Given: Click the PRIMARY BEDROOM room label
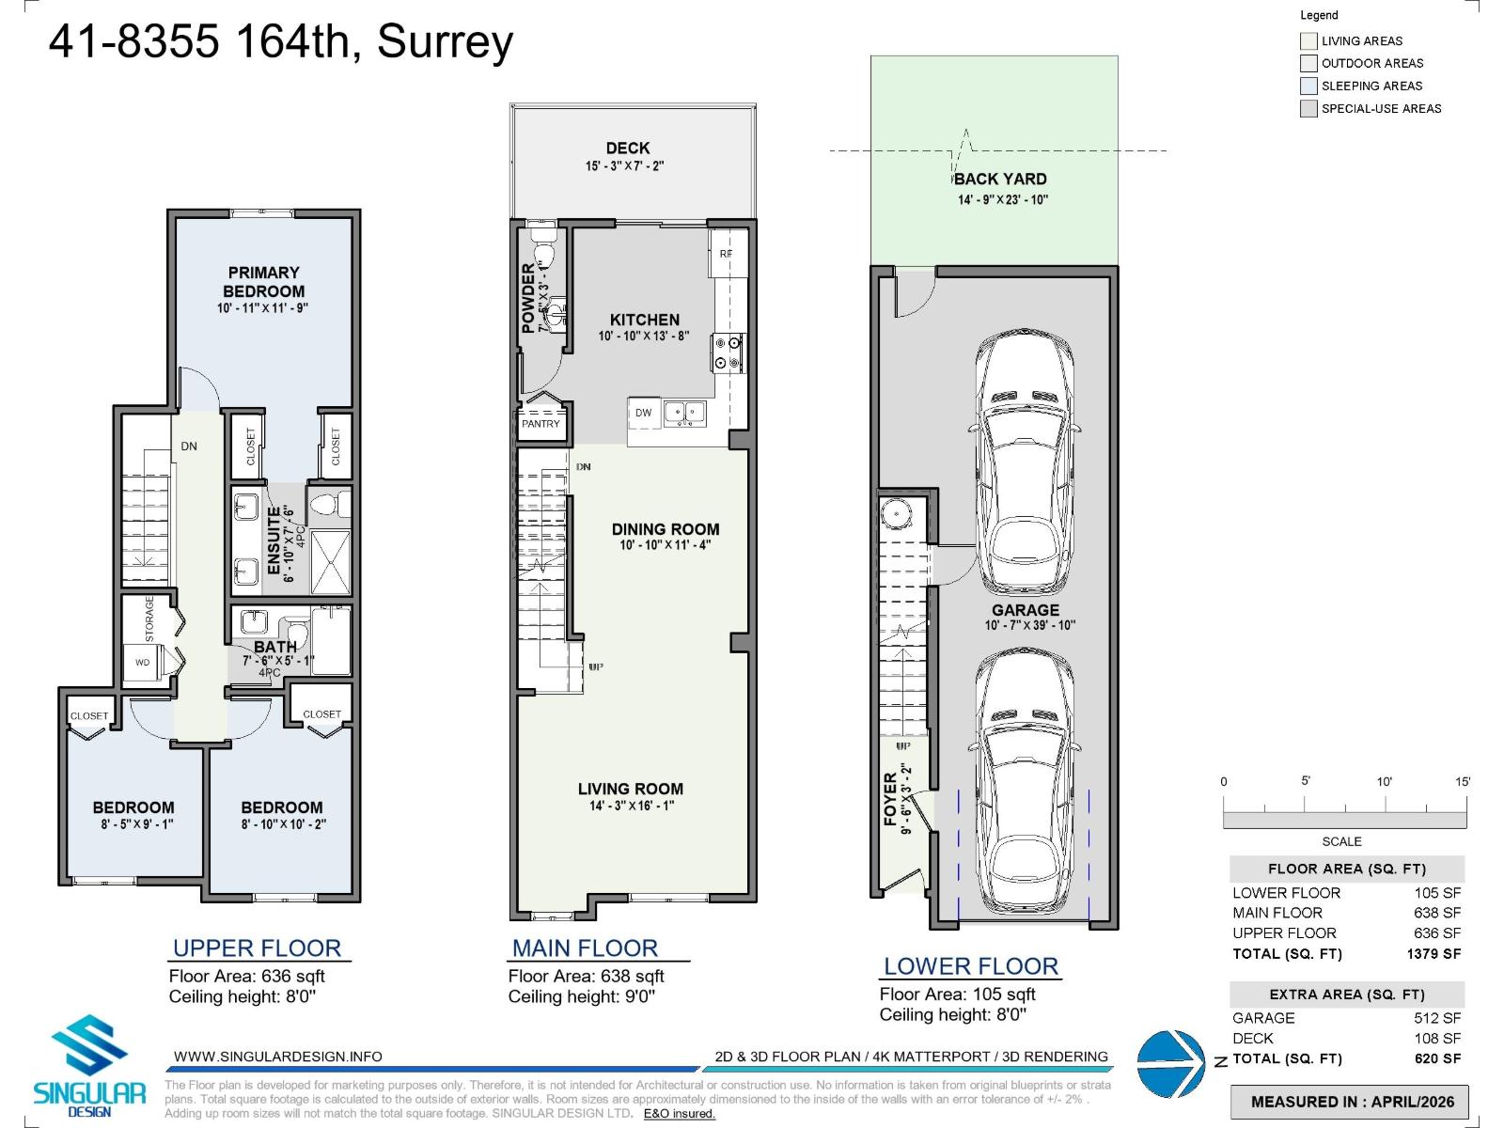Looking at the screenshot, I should tap(263, 282).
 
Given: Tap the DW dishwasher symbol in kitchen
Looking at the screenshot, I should tap(643, 413).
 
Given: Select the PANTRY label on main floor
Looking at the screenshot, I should tap(540, 424).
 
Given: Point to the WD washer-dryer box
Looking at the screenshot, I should tap(143, 662).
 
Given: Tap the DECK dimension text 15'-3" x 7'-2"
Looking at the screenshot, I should tap(625, 166).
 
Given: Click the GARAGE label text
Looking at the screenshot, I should tap(1025, 610).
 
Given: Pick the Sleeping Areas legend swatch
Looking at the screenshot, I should tap(1308, 86).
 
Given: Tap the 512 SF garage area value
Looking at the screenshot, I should tap(1437, 1018).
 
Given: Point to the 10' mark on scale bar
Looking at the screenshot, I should tap(1385, 782).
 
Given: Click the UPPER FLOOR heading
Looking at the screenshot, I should tap(257, 948).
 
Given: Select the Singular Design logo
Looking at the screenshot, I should tap(89, 1067).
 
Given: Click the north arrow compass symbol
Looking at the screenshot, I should tap(1170, 1063).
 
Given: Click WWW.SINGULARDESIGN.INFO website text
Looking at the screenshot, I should tap(278, 1057).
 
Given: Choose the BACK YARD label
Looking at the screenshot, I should tap(1000, 179).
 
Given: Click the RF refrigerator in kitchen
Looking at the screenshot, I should tap(726, 254).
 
